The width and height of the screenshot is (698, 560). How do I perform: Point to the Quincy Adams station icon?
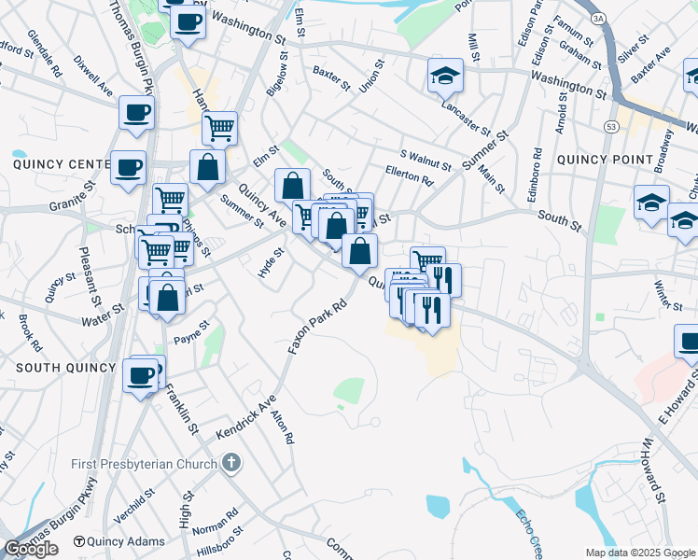coord(79,541)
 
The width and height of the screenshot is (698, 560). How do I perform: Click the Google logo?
coord(31,549)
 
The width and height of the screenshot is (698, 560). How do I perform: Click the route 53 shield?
coord(610,126)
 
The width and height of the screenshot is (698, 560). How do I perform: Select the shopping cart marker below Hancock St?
coord(219,128)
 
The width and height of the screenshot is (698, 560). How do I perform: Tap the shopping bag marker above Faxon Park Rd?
coord(359,250)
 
